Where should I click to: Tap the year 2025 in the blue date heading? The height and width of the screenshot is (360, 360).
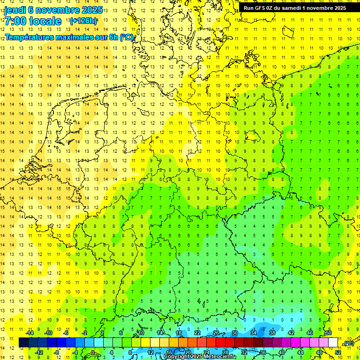[x=91, y=10]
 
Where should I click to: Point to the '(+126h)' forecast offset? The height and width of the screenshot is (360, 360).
[x=83, y=21]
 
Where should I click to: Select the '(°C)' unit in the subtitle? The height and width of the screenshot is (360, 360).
[x=127, y=37]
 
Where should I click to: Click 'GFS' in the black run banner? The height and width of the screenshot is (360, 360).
[x=261, y=8]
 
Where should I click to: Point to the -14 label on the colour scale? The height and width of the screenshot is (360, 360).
[x=30, y=333]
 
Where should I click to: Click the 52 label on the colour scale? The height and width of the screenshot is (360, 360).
[x=338, y=352]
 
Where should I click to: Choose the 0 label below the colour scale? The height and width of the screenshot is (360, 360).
[x=93, y=352]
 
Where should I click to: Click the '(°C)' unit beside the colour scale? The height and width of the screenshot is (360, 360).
[x=348, y=343]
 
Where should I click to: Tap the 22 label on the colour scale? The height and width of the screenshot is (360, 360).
[x=197, y=333]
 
